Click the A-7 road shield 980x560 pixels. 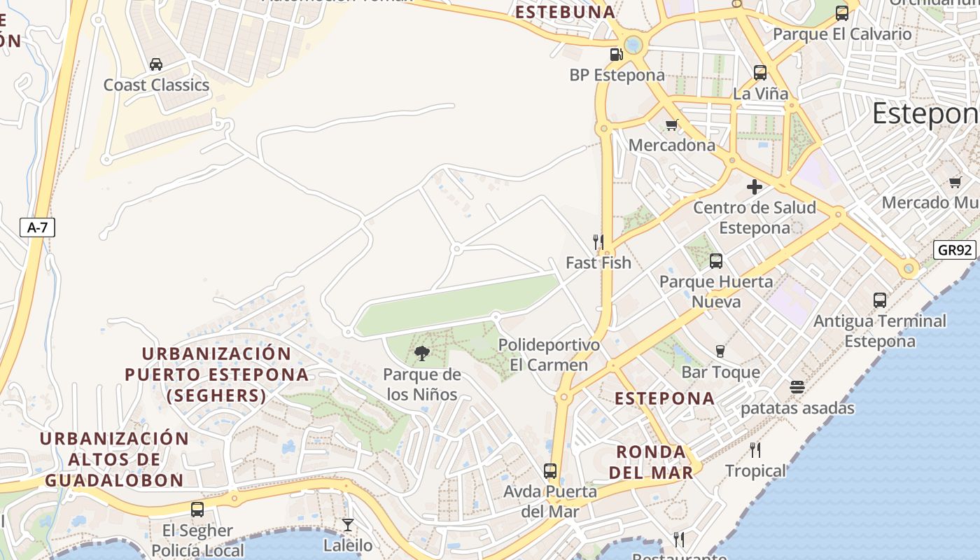tap(38, 227)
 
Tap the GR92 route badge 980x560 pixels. tap(955, 250)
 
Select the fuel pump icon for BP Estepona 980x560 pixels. tap(616, 55)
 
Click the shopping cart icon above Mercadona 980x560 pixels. tap(672, 125)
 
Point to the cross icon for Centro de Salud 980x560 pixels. tap(755, 187)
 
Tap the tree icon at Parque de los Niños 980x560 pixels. tap(421, 353)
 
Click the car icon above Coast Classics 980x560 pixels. tap(156, 64)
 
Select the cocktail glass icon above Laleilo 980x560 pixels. tap(347, 524)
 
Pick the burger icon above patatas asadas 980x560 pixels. tap(797, 387)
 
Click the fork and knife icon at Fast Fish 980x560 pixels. tap(598, 242)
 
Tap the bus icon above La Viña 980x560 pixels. tap(760, 73)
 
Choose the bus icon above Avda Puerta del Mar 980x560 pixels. tap(550, 471)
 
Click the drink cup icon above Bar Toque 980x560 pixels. tap(720, 351)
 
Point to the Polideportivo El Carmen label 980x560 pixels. tap(549, 355)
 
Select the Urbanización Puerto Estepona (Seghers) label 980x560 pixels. tap(217, 374)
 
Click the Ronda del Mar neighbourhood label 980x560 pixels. tap(651, 462)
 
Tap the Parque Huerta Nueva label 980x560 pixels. tap(716, 291)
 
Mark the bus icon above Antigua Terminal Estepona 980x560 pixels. tap(880, 300)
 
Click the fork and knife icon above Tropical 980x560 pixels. tap(755, 449)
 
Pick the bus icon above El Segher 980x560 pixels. tap(197, 510)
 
